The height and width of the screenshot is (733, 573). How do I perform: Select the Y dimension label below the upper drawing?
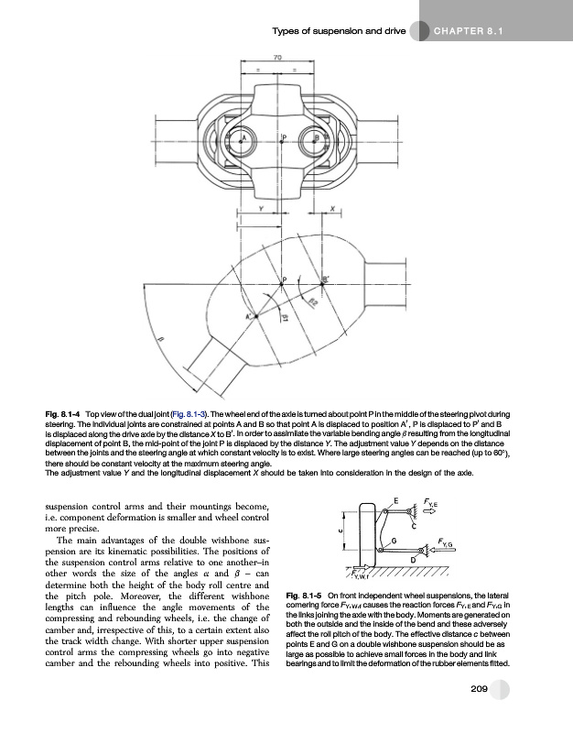click(261, 210)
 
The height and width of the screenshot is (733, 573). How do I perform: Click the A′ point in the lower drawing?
click(247, 316)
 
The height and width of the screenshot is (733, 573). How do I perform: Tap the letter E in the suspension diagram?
click(395, 500)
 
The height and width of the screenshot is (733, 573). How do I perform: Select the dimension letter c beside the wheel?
click(339, 529)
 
